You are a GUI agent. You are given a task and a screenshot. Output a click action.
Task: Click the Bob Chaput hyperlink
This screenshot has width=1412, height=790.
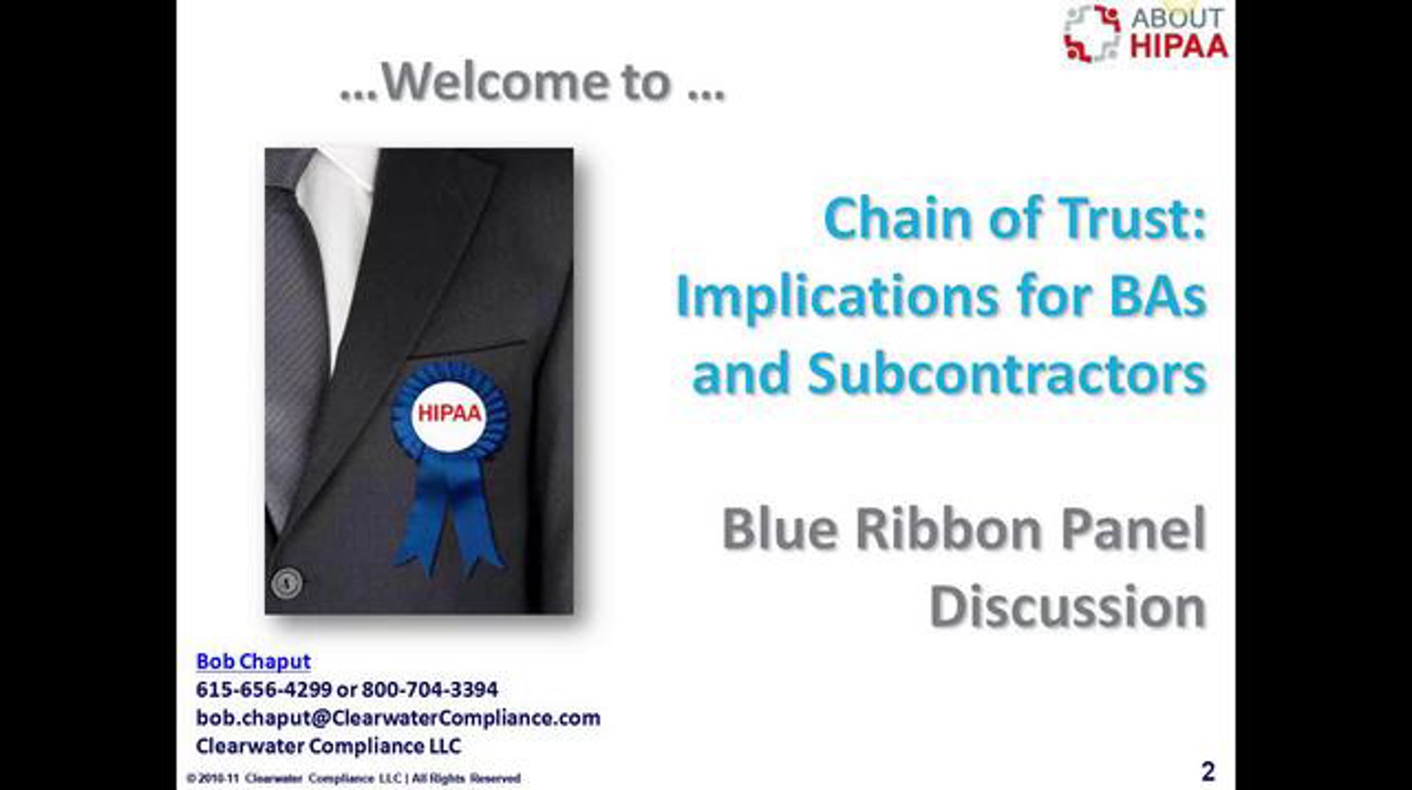253,662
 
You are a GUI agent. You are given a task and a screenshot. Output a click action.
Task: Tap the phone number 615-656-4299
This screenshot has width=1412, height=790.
264,689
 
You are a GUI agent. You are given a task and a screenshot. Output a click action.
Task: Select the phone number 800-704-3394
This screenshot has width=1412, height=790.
429,689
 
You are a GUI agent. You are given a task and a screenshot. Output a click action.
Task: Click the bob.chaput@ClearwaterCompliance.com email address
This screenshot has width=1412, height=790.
398,718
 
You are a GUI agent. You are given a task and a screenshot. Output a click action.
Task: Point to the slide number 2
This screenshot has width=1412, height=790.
1208,771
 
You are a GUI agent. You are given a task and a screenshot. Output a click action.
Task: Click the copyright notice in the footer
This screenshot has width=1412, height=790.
354,778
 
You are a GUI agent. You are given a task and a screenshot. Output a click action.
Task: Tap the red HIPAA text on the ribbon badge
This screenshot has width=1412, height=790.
449,414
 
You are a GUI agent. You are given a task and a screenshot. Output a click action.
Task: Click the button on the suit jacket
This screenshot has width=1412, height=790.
287,583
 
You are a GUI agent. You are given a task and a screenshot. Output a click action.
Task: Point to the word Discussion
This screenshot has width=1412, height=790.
1068,606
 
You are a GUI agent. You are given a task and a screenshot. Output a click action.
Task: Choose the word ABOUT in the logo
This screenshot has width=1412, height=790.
1177,18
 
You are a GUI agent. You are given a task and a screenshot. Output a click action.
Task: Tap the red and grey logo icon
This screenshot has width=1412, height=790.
1092,33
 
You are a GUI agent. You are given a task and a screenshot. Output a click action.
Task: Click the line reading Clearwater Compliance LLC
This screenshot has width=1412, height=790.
328,746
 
